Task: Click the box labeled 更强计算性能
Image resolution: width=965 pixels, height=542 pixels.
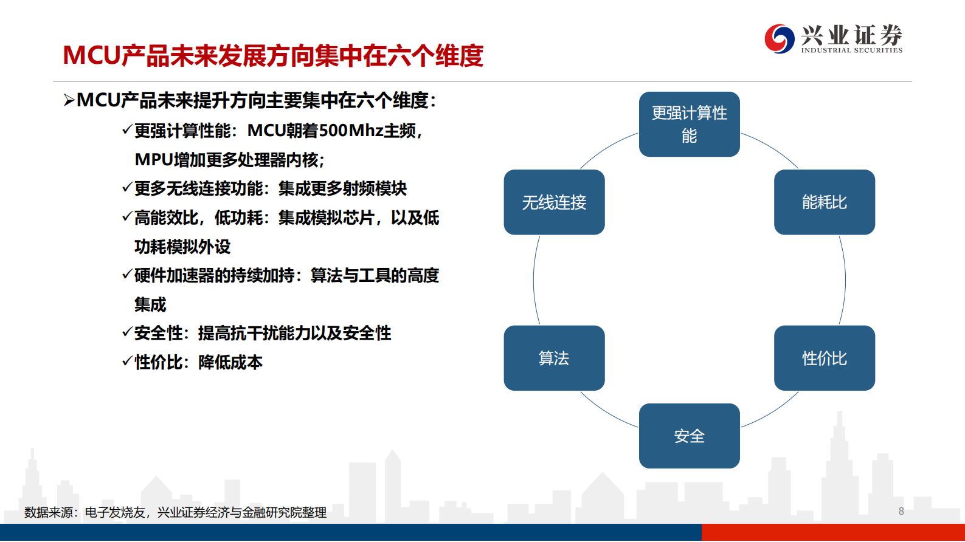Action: [689, 125]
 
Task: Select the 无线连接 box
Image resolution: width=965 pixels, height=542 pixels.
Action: [554, 202]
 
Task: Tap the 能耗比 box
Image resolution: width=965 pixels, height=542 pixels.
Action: [824, 202]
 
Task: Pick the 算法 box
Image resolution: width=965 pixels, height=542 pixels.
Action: [554, 358]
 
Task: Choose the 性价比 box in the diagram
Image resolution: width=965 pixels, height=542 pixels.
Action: [824, 358]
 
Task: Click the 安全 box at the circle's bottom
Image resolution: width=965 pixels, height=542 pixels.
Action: [689, 436]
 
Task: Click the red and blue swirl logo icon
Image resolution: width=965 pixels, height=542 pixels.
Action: [779, 39]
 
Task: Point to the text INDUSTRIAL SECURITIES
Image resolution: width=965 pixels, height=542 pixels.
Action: [851, 50]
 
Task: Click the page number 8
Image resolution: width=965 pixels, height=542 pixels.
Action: [901, 511]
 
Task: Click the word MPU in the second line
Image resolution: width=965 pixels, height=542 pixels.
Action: [154, 160]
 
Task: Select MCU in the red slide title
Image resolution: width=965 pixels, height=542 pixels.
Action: [91, 56]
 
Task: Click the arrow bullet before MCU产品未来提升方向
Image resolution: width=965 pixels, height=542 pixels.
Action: [69, 101]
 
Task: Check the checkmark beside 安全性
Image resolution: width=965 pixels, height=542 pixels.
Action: [127, 332]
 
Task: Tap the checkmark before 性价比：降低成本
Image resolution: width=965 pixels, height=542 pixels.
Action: [127, 362]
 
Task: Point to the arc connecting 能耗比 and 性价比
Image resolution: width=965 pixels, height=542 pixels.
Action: [845, 280]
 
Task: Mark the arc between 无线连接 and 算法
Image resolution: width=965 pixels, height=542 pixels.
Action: [534, 280]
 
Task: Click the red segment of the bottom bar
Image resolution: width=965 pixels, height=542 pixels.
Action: [833, 533]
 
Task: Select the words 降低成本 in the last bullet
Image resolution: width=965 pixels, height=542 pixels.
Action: [230, 363]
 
